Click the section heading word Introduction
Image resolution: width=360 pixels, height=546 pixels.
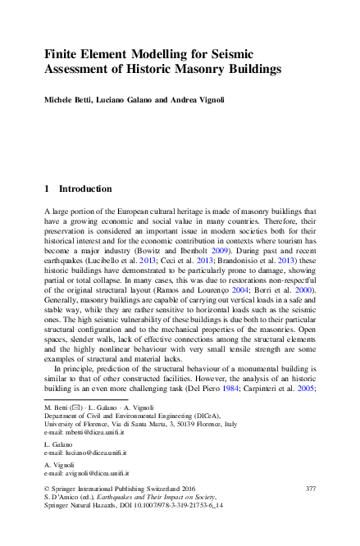click(x=88, y=188)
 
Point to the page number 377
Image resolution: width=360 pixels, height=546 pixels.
click(x=310, y=512)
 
